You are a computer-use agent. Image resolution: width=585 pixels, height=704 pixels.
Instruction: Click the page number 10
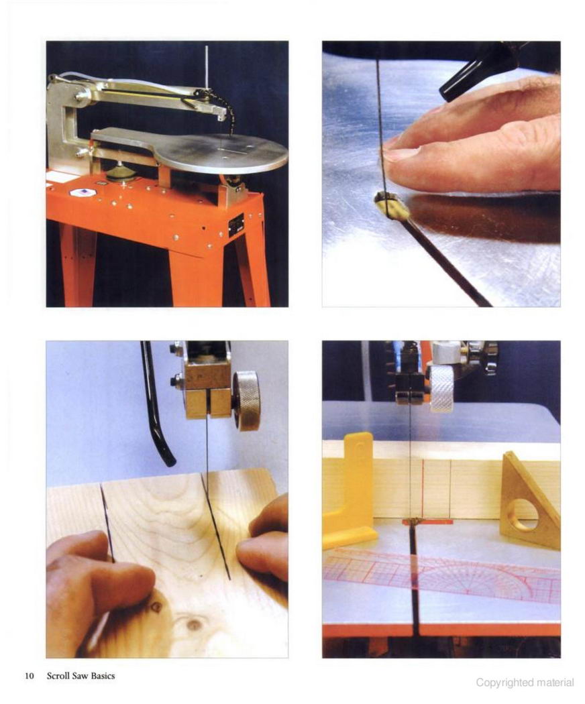(30, 676)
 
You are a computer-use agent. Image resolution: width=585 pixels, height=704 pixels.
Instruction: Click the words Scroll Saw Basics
(81, 676)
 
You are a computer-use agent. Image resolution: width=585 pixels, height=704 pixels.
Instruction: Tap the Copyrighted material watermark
(525, 683)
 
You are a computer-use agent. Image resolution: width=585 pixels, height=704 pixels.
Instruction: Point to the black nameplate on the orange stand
(236, 225)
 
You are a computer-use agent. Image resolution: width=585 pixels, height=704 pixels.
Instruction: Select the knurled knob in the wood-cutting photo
(246, 400)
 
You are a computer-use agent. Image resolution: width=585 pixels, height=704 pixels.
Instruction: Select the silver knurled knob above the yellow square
(441, 389)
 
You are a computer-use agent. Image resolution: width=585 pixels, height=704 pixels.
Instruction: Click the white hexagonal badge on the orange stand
(82, 192)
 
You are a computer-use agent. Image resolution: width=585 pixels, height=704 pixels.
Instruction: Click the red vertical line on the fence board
(423, 489)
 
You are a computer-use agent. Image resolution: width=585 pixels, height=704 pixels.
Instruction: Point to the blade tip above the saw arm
(206, 46)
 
